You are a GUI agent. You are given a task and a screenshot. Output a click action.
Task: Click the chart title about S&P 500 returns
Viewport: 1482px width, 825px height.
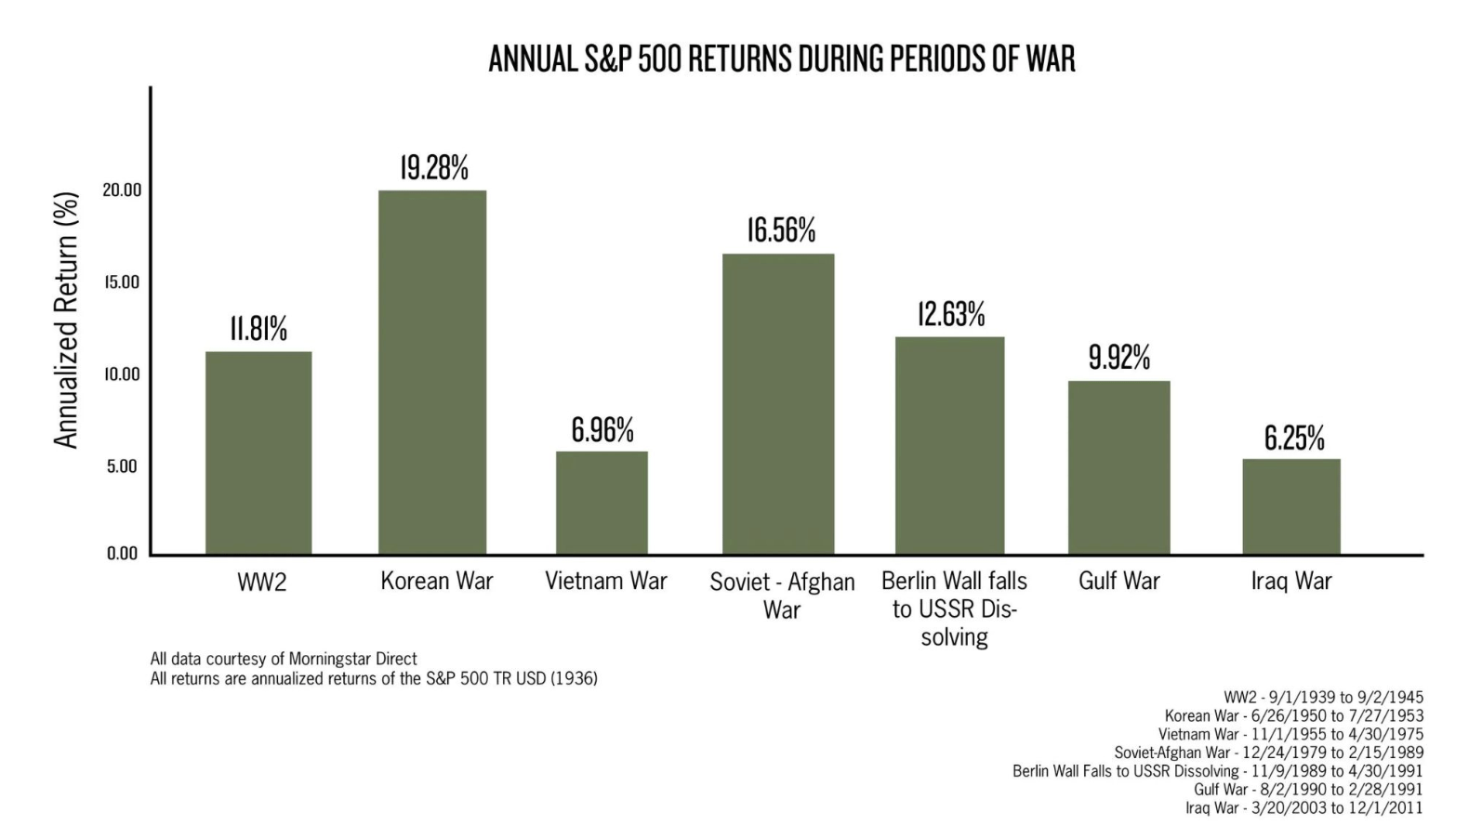(x=782, y=59)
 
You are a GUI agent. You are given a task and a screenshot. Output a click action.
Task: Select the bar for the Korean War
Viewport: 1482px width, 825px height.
(x=432, y=372)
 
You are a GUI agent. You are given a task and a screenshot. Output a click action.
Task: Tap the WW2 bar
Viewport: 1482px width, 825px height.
(x=258, y=452)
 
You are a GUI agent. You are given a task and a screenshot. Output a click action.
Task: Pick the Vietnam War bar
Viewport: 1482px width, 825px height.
(x=602, y=503)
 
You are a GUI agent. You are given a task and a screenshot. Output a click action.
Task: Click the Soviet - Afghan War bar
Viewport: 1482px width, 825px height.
(x=778, y=404)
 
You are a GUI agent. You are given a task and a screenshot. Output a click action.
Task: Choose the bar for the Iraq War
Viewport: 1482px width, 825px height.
(x=1291, y=506)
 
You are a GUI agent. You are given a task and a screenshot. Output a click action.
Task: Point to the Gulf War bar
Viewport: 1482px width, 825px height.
(x=1118, y=467)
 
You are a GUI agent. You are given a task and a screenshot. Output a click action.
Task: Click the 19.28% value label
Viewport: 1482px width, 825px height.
(x=434, y=168)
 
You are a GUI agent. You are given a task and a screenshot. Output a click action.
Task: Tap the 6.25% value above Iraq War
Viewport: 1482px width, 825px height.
(x=1294, y=438)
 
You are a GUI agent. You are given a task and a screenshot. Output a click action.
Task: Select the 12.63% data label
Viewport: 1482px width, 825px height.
(x=951, y=314)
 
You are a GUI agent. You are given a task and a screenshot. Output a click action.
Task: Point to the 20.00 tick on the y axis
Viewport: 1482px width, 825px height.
(x=122, y=190)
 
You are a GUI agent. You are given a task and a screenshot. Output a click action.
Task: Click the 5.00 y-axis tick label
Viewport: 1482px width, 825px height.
(x=122, y=466)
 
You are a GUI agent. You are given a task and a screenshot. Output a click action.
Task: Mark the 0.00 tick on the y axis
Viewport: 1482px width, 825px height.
(x=122, y=554)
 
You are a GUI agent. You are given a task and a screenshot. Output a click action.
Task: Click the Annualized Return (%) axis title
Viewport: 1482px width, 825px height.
(x=66, y=320)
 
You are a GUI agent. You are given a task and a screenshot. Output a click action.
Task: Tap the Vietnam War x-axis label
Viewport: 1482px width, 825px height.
(x=606, y=582)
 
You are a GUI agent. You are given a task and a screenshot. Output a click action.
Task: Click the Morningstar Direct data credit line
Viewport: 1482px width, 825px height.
(x=284, y=659)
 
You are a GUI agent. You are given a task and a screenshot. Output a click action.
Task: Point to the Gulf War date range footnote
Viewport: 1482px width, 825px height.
(x=1308, y=790)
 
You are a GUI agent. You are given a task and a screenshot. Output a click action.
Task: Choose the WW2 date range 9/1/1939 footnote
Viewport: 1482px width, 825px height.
(x=1323, y=697)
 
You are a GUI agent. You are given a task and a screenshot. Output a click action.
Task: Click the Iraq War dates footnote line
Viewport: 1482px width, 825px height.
(x=1303, y=808)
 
